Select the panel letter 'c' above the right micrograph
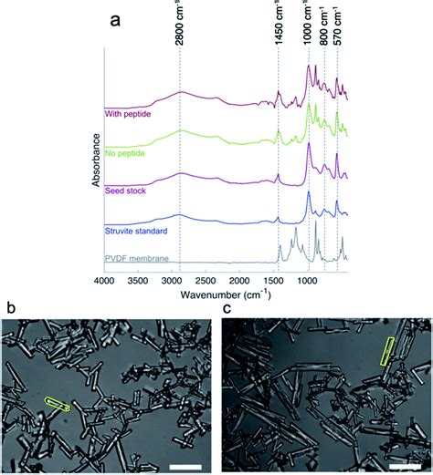click(228, 308)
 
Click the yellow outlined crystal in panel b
click(57, 403)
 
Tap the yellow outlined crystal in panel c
click(389, 351)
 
